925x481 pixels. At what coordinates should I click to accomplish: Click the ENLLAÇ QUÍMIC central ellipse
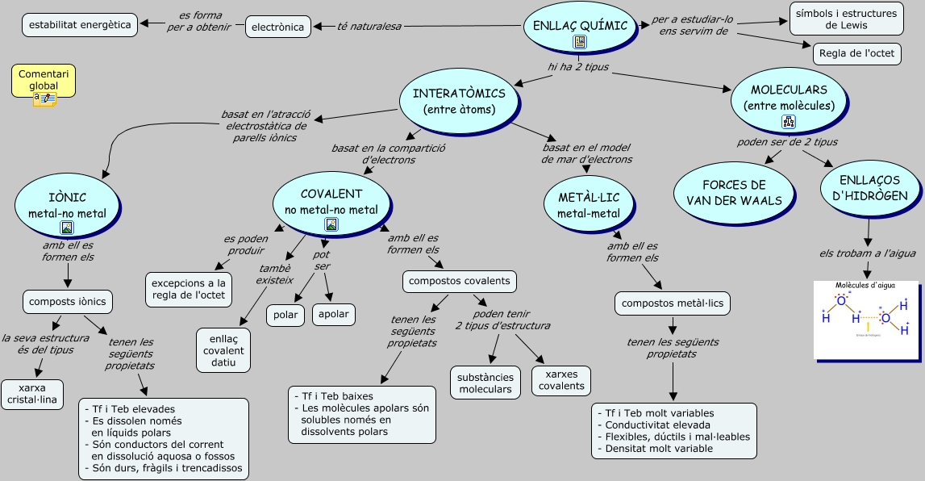pos(580,27)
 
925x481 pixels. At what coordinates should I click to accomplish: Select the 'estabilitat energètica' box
pos(80,25)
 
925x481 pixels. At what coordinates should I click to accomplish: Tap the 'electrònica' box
pos(278,27)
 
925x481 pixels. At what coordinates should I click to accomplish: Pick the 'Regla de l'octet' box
pos(856,54)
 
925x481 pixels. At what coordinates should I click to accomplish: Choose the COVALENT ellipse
pos(331,201)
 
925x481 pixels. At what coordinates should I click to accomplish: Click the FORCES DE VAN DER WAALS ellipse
pos(734,193)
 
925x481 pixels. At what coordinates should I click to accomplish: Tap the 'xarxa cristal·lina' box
pos(32,394)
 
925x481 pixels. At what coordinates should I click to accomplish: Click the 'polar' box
pos(285,315)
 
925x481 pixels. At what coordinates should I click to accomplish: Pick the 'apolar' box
pos(333,315)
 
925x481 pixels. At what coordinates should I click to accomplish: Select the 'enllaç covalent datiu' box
pos(223,350)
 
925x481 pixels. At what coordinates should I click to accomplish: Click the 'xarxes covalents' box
pos(561,380)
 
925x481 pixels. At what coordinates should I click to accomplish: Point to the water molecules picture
pos(866,320)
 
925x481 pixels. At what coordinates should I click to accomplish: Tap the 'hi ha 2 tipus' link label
pos(578,67)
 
